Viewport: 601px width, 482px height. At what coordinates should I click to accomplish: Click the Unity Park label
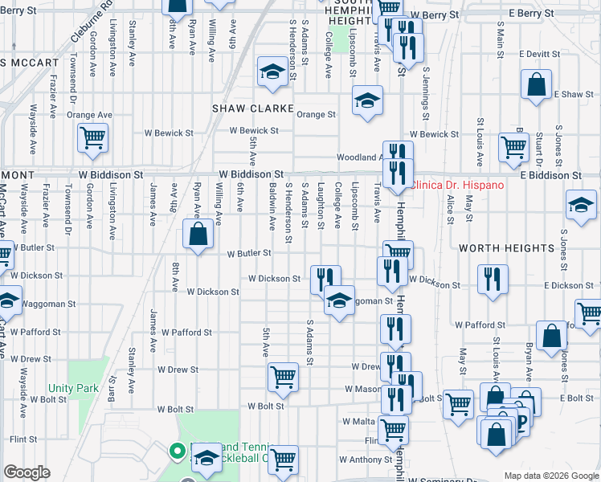coord(77,389)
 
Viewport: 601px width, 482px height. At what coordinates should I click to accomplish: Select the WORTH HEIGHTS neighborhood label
coord(506,249)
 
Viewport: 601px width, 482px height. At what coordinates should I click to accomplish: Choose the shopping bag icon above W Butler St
coord(198,235)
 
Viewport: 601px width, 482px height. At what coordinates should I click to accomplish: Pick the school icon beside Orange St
coord(367,100)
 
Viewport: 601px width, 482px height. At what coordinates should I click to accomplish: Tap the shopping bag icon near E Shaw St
coord(536,84)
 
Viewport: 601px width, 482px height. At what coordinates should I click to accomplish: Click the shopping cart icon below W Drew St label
coord(283,377)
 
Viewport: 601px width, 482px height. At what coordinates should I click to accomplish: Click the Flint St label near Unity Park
coord(24,439)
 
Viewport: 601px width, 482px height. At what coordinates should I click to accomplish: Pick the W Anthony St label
coord(365,460)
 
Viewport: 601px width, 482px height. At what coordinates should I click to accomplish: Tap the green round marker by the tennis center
coord(176,451)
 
